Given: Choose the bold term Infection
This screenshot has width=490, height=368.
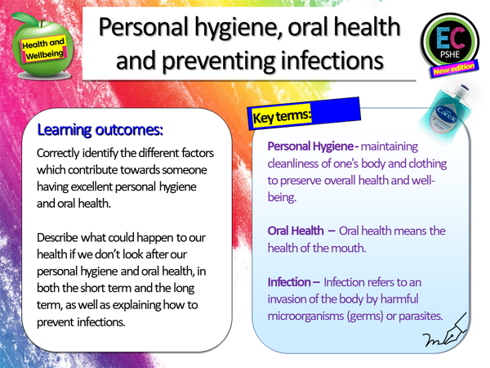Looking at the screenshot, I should pos(288,281).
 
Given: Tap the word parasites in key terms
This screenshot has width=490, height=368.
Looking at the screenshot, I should pos(416,316).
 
